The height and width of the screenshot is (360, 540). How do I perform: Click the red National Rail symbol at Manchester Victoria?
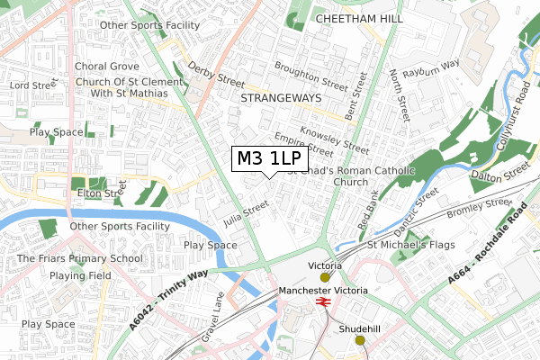[323, 304]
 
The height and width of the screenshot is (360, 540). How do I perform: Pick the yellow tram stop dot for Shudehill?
[360, 340]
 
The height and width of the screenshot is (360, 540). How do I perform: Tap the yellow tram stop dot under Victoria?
[325, 277]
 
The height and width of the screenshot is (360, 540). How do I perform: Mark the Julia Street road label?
[247, 213]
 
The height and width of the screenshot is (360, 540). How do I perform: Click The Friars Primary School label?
[79, 259]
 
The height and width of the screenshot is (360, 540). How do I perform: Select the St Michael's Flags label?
[410, 244]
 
